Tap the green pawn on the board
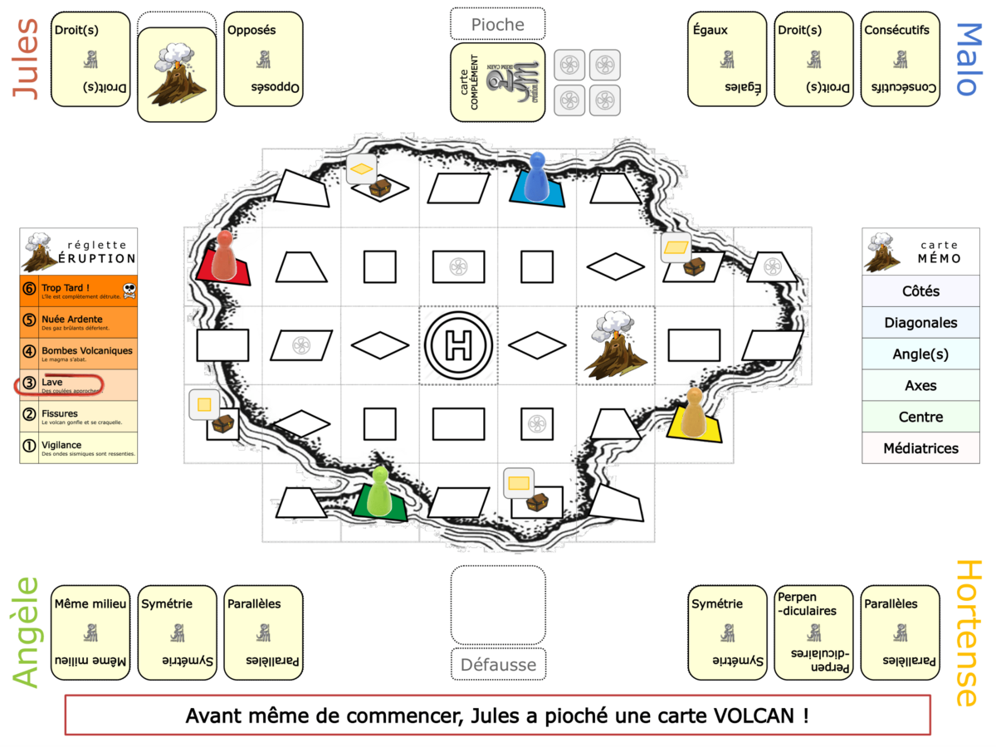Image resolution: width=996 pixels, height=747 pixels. point(379,491)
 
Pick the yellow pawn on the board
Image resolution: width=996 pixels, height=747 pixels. point(692,413)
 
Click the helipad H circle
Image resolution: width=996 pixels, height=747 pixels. point(458,345)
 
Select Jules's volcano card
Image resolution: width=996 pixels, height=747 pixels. point(176,75)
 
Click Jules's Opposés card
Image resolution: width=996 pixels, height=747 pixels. point(263,59)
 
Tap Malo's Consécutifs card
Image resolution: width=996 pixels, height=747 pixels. point(900,59)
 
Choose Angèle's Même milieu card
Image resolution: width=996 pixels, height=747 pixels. point(90,632)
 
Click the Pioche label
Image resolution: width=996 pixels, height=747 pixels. point(498,25)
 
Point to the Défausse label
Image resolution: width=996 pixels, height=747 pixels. point(498,664)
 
